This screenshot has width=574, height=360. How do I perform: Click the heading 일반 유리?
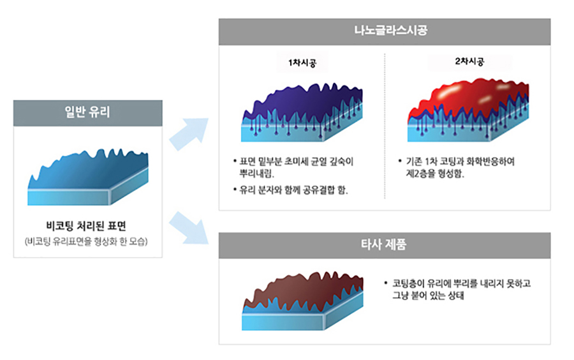(87, 112)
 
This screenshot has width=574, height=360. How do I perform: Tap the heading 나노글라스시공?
(390, 30)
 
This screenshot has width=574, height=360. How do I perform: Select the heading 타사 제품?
(384, 244)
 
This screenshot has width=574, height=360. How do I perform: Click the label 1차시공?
(302, 63)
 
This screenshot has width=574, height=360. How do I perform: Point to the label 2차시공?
(469, 61)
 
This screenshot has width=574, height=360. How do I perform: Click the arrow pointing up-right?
(189, 133)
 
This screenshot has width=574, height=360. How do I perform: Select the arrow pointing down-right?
(189, 228)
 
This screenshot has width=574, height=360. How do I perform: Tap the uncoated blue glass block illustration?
(88, 177)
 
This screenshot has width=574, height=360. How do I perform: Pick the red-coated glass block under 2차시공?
(468, 110)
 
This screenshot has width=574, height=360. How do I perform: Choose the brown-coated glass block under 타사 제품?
(302, 301)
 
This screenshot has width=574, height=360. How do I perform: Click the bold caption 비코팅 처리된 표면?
(86, 225)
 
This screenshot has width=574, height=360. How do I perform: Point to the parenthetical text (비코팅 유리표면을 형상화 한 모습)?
(86, 241)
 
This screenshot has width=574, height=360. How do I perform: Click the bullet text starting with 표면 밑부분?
(293, 167)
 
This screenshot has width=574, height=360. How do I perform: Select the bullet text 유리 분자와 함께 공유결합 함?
(291, 190)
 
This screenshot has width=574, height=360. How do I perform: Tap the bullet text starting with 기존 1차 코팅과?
(457, 167)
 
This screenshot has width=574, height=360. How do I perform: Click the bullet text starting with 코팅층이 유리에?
(457, 289)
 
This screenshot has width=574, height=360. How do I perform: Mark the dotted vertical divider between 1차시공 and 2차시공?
(385, 126)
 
